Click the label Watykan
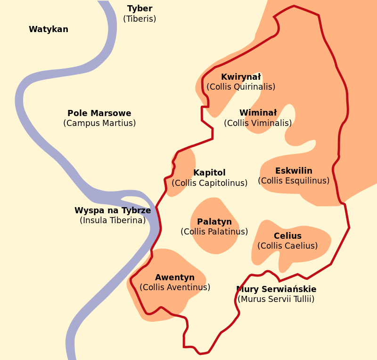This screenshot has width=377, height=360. [49, 29]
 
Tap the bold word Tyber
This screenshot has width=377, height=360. [139, 8]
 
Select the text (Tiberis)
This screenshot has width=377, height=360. [139, 19]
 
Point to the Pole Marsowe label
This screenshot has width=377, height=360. [99, 113]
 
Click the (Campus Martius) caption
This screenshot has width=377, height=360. [99, 123]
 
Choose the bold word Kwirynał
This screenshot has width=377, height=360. [241, 77]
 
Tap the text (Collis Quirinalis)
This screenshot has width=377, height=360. [241, 87]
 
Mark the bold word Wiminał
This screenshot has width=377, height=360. [258, 113]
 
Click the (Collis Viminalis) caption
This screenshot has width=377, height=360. [258, 123]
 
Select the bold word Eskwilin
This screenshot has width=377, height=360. [294, 171]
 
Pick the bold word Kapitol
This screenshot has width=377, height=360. [209, 173]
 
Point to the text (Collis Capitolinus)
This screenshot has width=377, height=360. [209, 183]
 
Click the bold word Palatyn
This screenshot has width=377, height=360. [214, 222]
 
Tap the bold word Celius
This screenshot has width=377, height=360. [287, 236]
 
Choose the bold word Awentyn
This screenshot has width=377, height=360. [175, 277]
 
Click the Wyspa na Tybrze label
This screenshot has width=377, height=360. [113, 210]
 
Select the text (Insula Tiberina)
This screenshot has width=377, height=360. [113, 220]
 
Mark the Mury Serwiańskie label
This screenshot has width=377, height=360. [277, 289]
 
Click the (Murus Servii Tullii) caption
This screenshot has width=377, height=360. [276, 299]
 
